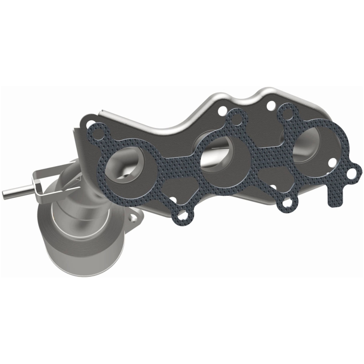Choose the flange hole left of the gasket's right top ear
point(270,106)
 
